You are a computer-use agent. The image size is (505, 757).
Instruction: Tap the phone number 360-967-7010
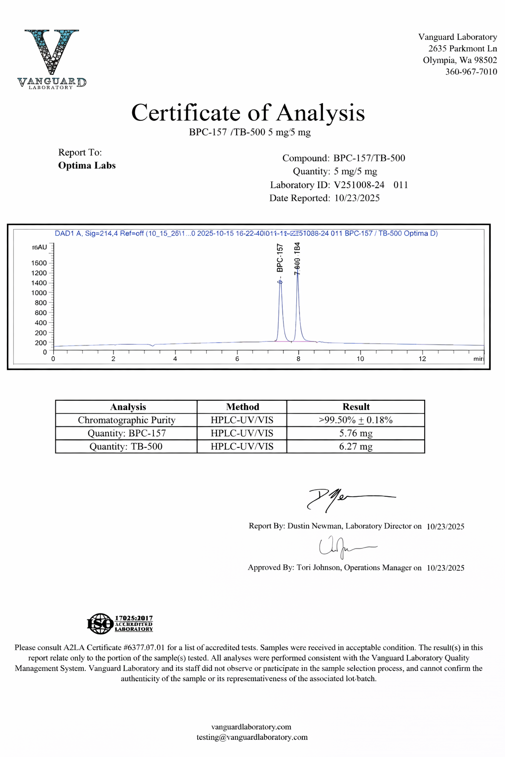point(471,72)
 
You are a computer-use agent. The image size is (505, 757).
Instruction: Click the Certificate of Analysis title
point(248,113)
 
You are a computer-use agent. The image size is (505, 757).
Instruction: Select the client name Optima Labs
point(87,166)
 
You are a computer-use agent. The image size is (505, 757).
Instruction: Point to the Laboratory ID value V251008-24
point(359,185)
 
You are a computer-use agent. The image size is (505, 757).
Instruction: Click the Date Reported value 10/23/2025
point(357,198)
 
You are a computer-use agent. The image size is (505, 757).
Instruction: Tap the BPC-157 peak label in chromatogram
point(280,258)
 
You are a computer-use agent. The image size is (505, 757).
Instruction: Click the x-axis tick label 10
point(361,359)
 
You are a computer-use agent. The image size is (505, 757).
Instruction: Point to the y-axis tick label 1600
point(39,263)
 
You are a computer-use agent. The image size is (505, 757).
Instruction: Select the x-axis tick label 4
point(175,359)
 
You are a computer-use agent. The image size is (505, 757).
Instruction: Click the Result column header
point(356,407)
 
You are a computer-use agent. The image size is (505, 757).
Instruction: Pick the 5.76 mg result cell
point(356,433)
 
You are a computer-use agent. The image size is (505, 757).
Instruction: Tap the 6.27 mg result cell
point(356,447)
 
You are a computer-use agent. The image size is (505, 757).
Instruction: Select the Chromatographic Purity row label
point(127,420)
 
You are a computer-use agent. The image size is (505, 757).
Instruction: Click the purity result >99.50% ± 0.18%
point(356,420)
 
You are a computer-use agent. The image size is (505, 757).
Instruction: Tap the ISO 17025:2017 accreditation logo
point(120,623)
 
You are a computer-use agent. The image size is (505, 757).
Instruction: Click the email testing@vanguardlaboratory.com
point(252,737)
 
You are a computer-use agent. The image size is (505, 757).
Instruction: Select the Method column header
point(243,407)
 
